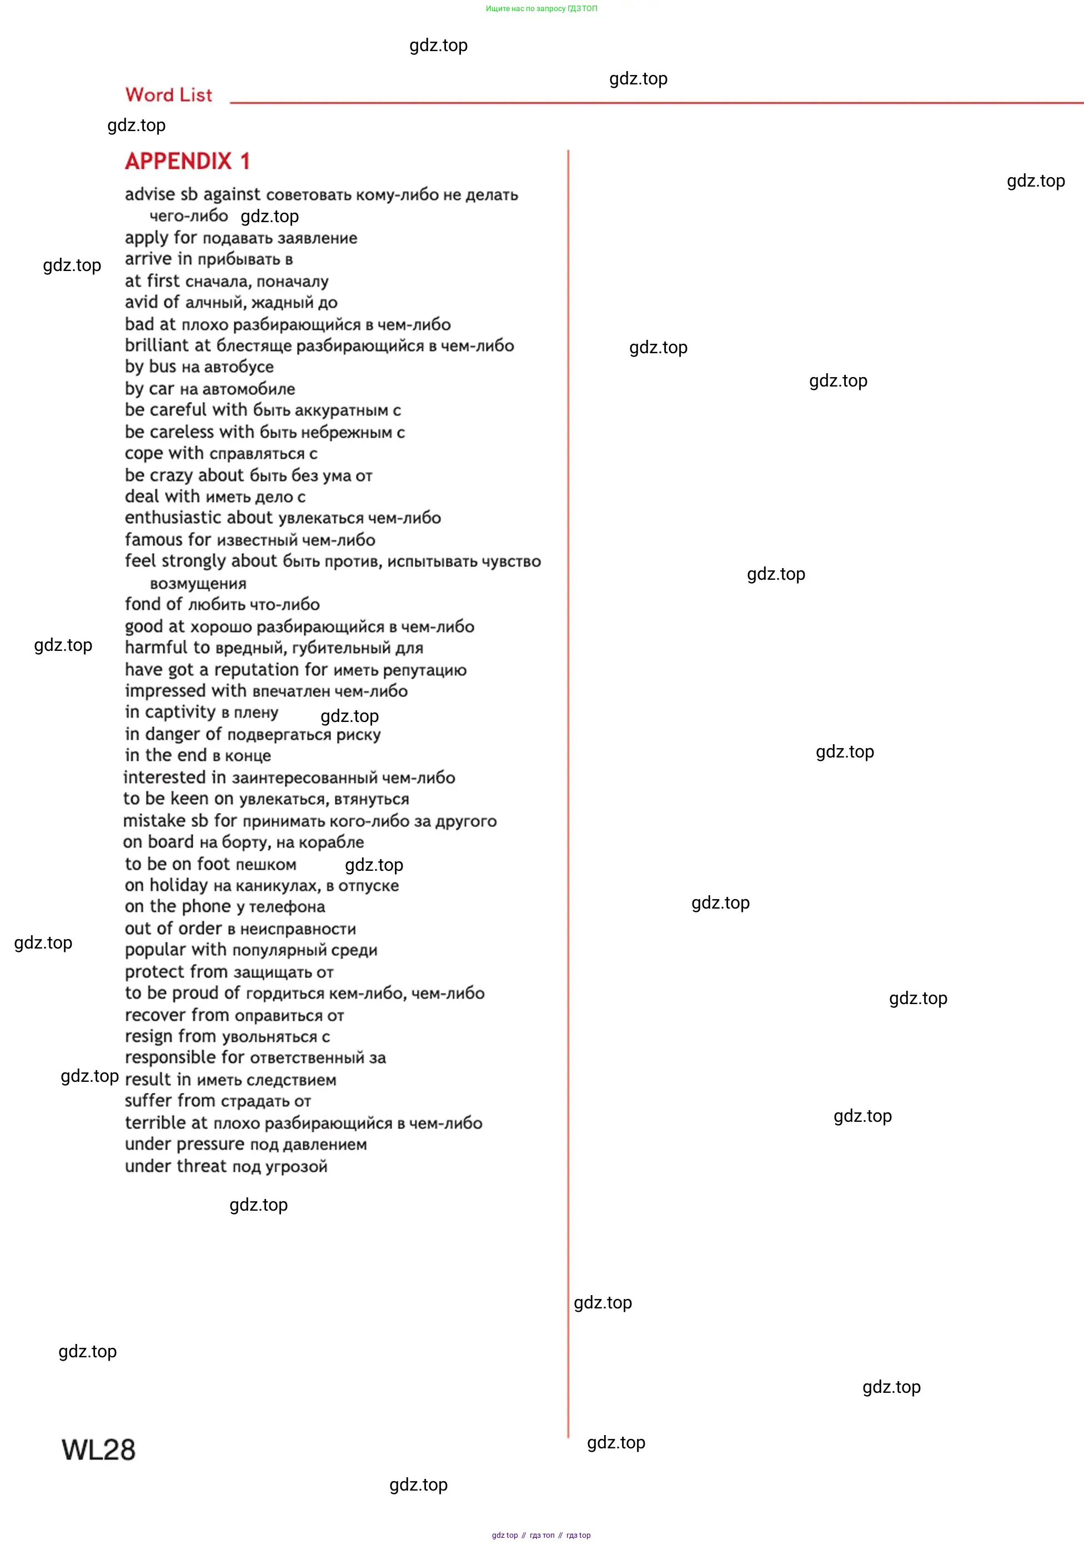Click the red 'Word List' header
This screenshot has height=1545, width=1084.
pyautogui.click(x=168, y=95)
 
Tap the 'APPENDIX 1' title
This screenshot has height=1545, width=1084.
pyautogui.click(x=187, y=162)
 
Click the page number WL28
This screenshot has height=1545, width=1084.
pyautogui.click(x=98, y=1449)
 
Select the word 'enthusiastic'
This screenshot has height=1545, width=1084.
pyautogui.click(x=173, y=518)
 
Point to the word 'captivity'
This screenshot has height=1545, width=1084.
pyautogui.click(x=180, y=712)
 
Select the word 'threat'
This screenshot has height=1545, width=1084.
pyautogui.click(x=202, y=1166)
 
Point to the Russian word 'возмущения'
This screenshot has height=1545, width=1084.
pyautogui.click(x=198, y=584)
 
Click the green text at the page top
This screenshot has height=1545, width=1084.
pyautogui.click(x=541, y=9)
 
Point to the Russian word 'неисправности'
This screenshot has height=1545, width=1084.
pyautogui.click(x=298, y=929)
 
